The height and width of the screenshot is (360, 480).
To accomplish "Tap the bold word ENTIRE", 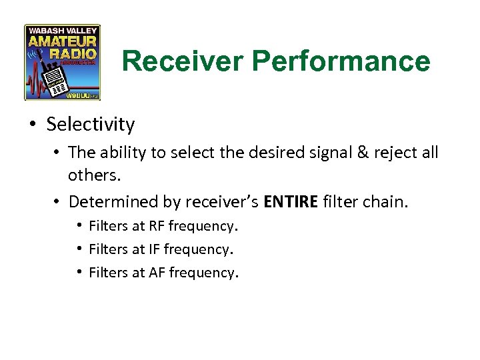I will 291,201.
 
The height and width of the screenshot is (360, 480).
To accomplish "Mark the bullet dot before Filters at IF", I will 79,249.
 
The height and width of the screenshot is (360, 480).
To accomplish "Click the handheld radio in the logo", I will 55,83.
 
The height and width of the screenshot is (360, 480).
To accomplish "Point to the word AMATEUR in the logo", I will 63,41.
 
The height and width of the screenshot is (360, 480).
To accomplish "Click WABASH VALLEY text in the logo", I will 63,30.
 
